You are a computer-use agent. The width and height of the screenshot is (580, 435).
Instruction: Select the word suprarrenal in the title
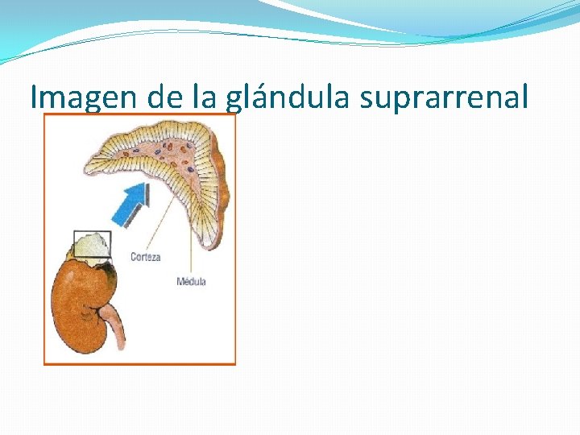point(444,97)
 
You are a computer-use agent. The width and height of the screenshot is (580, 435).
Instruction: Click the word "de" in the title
point(166,97)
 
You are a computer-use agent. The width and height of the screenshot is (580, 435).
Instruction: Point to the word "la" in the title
point(205,97)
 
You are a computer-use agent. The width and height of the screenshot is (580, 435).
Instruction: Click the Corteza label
point(146,257)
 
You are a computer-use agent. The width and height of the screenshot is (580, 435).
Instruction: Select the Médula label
point(191,281)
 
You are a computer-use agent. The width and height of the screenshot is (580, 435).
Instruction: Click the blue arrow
point(129,205)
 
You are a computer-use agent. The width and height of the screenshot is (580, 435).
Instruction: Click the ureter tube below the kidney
point(118,330)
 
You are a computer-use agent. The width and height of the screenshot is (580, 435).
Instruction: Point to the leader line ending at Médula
point(191,242)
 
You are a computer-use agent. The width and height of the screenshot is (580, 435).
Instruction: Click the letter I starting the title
point(34,97)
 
